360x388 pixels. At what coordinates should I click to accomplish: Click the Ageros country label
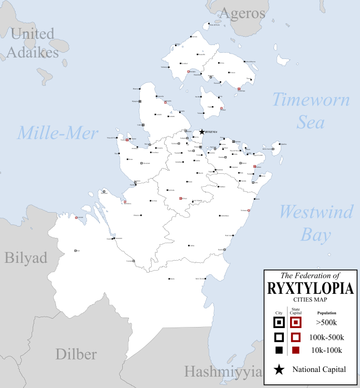pos(243,13)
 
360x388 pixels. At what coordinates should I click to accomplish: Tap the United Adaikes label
pos(32,43)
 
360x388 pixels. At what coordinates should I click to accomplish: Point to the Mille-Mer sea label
pos(57,133)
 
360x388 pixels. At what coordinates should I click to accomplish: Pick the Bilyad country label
pos(26,258)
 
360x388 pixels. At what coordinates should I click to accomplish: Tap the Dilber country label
pos(76,354)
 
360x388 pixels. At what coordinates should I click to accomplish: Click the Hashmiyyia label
pos(223,371)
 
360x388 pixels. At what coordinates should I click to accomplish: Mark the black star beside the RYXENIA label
pos(202,132)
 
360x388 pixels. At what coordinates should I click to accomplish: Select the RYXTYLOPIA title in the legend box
pos(310,288)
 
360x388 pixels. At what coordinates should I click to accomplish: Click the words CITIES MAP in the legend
pos(310,300)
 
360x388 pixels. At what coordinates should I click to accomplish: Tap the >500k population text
pos(326,323)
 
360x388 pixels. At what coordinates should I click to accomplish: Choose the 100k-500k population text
pos(326,337)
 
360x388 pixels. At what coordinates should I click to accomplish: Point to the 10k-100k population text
pos(326,350)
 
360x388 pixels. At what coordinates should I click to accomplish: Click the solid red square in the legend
pos(296,350)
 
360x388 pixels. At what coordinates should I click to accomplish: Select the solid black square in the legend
pos(279,350)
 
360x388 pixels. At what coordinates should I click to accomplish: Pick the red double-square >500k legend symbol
pos(296,323)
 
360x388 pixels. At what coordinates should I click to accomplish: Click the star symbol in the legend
pos(279,369)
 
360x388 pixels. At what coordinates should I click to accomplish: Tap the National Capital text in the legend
pos(319,369)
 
